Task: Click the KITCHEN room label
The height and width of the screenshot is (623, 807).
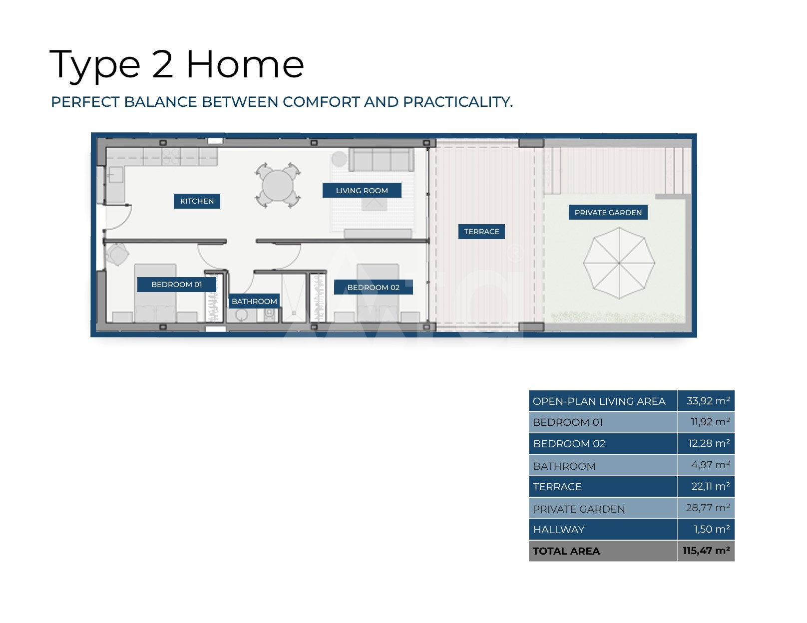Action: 197,201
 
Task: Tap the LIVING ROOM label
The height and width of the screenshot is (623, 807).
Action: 362,190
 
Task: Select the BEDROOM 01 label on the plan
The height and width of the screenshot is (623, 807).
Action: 176,285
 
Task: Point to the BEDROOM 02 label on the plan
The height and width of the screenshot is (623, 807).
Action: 373,287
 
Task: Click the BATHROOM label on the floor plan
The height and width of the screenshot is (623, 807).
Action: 254,302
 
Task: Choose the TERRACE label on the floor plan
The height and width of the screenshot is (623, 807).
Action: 481,232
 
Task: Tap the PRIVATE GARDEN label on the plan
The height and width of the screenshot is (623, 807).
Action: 608,212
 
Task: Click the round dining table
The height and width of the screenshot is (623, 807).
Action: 277,186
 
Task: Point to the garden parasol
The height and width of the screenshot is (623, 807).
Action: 619,263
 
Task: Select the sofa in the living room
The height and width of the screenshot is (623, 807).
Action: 381,160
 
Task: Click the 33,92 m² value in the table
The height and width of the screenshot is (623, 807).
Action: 708,401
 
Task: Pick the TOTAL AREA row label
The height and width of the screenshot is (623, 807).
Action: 566,551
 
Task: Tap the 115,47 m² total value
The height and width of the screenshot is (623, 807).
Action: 706,550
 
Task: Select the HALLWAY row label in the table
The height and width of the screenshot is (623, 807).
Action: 558,530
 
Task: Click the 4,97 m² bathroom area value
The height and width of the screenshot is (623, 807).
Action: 711,465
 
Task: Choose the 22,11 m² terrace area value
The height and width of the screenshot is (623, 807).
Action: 711,486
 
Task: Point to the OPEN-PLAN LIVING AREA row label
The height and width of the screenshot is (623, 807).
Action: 599,401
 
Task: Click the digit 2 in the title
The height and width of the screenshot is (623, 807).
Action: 163,64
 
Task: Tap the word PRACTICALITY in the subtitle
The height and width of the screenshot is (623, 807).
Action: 458,102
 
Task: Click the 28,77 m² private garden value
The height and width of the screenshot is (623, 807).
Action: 708,508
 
